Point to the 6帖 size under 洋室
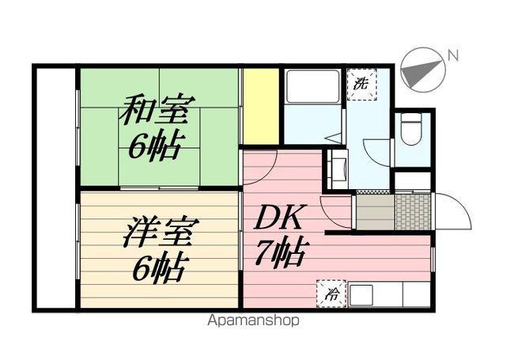click(x=158, y=267)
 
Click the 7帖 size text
click(x=281, y=253)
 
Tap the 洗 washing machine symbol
click(x=361, y=81)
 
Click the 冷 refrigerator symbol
click(x=330, y=293)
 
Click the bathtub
click(x=312, y=86)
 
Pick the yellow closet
click(x=260, y=107)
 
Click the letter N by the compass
click(x=453, y=55)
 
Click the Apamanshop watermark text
click(x=253, y=321)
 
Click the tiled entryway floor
click(x=413, y=210)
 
